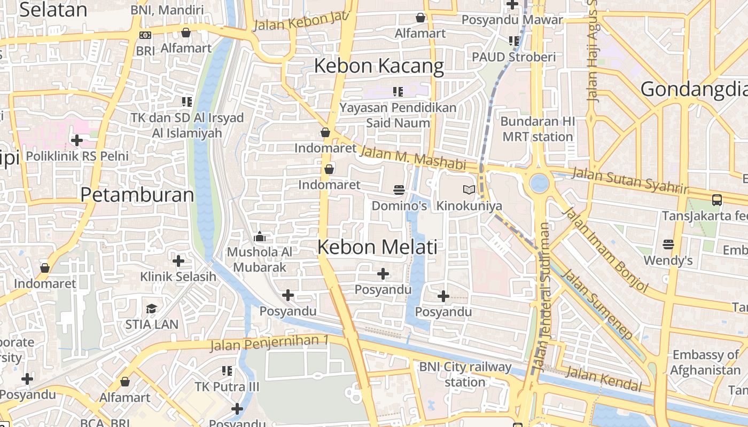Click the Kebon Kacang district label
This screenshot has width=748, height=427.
pyautogui.click(x=379, y=66)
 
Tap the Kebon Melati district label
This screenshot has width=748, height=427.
pyautogui.click(x=377, y=247)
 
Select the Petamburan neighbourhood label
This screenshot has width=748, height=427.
pyautogui.click(x=137, y=195)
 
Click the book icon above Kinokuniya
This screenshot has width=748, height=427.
pyautogui.click(x=469, y=189)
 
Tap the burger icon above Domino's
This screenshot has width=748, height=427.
pyautogui.click(x=399, y=189)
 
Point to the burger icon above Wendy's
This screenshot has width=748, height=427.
pyautogui.click(x=668, y=244)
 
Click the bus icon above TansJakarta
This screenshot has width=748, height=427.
pyautogui.click(x=717, y=200)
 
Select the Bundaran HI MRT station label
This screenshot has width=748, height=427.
pyautogui.click(x=537, y=129)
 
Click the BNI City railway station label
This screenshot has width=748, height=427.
pyautogui.click(x=465, y=375)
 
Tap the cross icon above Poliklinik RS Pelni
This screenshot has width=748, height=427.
pyautogui.click(x=77, y=140)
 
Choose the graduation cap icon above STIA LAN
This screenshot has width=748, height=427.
pyautogui.click(x=152, y=309)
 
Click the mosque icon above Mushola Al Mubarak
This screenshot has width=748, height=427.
pyautogui.click(x=260, y=236)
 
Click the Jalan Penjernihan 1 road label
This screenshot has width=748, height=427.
pyautogui.click(x=270, y=343)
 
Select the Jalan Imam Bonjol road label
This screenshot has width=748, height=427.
pyautogui.click(x=605, y=250)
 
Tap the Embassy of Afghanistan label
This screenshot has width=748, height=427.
pyautogui.click(x=705, y=362)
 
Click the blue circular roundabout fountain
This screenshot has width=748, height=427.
pyautogui.click(x=539, y=183)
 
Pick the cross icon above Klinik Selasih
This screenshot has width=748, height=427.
pyautogui.click(x=178, y=261)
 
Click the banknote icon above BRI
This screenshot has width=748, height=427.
pyautogui.click(x=145, y=35)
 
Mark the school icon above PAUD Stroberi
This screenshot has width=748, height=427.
pyautogui.click(x=514, y=41)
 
